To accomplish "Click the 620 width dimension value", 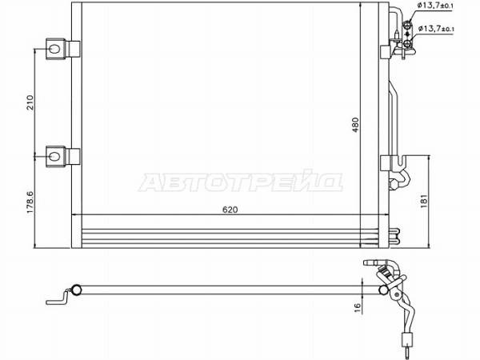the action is coord(230,210).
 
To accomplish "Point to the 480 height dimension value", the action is coord(355,125).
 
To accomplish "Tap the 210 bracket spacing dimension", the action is coord(30,102).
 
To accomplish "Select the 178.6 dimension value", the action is coord(30,202).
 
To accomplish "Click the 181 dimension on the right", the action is coord(424,201).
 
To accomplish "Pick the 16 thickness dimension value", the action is coord(357,306).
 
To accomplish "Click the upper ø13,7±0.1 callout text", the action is coord(436,6).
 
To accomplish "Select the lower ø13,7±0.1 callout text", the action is coord(436,29).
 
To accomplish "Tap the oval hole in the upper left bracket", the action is coord(54,49).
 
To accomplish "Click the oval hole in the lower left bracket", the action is coord(54,157).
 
